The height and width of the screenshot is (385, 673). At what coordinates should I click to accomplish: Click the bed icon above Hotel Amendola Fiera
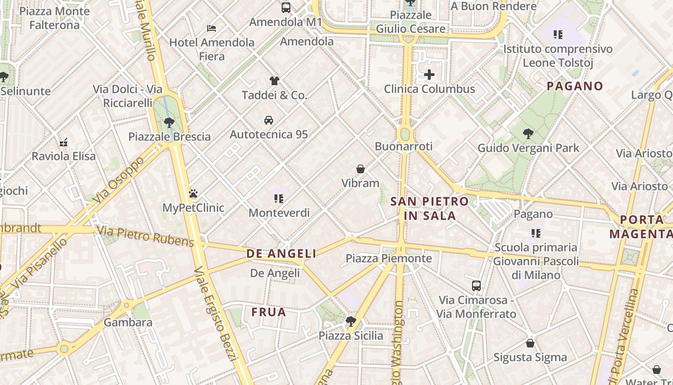(x=211, y=28)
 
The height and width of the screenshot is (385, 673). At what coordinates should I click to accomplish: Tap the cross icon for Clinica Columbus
(x=429, y=75)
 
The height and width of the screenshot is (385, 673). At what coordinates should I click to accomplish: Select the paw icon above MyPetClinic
(x=193, y=193)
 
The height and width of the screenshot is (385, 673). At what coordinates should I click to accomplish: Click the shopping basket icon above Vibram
(x=361, y=169)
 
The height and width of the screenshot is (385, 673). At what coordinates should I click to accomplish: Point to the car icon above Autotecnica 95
(x=269, y=120)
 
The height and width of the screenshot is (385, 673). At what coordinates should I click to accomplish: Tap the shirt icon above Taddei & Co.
(x=274, y=80)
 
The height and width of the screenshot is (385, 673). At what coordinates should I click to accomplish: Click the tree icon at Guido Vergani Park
(x=528, y=133)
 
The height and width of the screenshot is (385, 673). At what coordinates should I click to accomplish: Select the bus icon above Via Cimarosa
(x=476, y=285)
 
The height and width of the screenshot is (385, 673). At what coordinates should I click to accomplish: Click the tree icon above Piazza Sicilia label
(x=351, y=321)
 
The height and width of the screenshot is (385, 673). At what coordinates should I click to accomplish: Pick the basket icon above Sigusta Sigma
(x=530, y=343)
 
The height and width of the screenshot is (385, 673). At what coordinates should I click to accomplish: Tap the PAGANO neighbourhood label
(x=575, y=86)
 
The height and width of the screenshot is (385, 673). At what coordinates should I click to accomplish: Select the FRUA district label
(x=269, y=312)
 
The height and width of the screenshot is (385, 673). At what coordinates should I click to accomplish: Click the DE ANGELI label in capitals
(x=281, y=254)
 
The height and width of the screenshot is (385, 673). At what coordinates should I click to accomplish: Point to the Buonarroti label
(x=404, y=146)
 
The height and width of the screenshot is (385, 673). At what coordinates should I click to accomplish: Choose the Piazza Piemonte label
(x=389, y=258)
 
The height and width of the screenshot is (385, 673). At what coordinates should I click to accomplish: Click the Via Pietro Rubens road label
(x=145, y=235)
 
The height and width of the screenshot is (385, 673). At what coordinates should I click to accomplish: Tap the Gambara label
(x=128, y=322)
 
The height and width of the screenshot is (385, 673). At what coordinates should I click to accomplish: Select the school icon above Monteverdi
(x=278, y=198)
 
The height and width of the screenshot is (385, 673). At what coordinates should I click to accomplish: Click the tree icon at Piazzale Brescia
(x=169, y=122)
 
